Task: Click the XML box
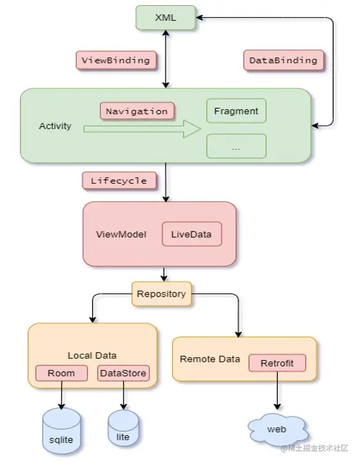point(166,17)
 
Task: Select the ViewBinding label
point(116,61)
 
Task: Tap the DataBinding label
point(283,61)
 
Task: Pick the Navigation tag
point(137,111)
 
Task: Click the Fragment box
point(236,111)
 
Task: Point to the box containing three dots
point(236,146)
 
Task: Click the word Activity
point(55,126)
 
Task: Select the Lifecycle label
point(119,180)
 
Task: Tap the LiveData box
point(192,234)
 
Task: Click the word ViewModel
point(121,235)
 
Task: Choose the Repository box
point(162,294)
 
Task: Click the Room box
point(62,373)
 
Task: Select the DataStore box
point(124,373)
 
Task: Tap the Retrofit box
point(277,363)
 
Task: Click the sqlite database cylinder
point(62,431)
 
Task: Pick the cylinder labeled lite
point(123,428)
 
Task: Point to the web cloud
point(277,429)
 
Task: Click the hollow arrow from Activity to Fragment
point(142,129)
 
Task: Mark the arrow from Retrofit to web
point(277,391)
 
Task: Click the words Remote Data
point(210,359)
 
